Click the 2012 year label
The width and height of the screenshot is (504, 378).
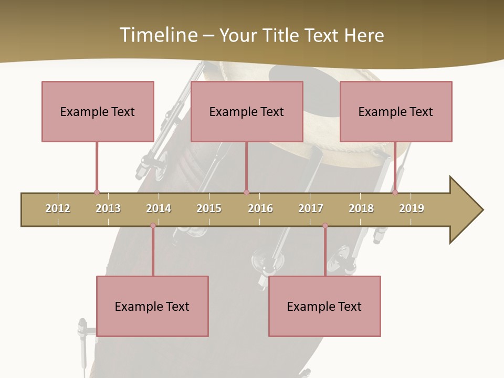[x=58, y=208]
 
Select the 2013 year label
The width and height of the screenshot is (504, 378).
[x=108, y=208]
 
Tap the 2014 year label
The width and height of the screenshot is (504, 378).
[x=159, y=208]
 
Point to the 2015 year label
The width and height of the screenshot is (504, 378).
[x=209, y=208]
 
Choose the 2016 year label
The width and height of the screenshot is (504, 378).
[x=260, y=208]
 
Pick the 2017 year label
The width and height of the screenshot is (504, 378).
[x=311, y=208]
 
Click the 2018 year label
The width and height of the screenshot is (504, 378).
[x=361, y=208]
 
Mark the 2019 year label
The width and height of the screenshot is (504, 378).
[x=412, y=208]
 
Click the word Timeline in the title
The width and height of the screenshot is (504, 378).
[x=157, y=35]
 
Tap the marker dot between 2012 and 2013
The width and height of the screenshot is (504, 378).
[x=97, y=192]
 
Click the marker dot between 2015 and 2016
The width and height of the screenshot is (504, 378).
[x=246, y=192]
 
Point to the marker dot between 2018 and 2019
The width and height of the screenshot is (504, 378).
[x=395, y=192]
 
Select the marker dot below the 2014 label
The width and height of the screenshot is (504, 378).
[x=153, y=226]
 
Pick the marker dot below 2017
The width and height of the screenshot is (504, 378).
[x=325, y=226]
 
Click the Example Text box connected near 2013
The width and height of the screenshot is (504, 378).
[x=98, y=111]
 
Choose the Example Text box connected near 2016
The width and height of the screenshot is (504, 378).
[x=247, y=111]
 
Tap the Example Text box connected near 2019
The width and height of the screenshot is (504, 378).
[x=396, y=111]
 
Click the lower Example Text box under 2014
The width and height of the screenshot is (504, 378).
[x=152, y=306]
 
